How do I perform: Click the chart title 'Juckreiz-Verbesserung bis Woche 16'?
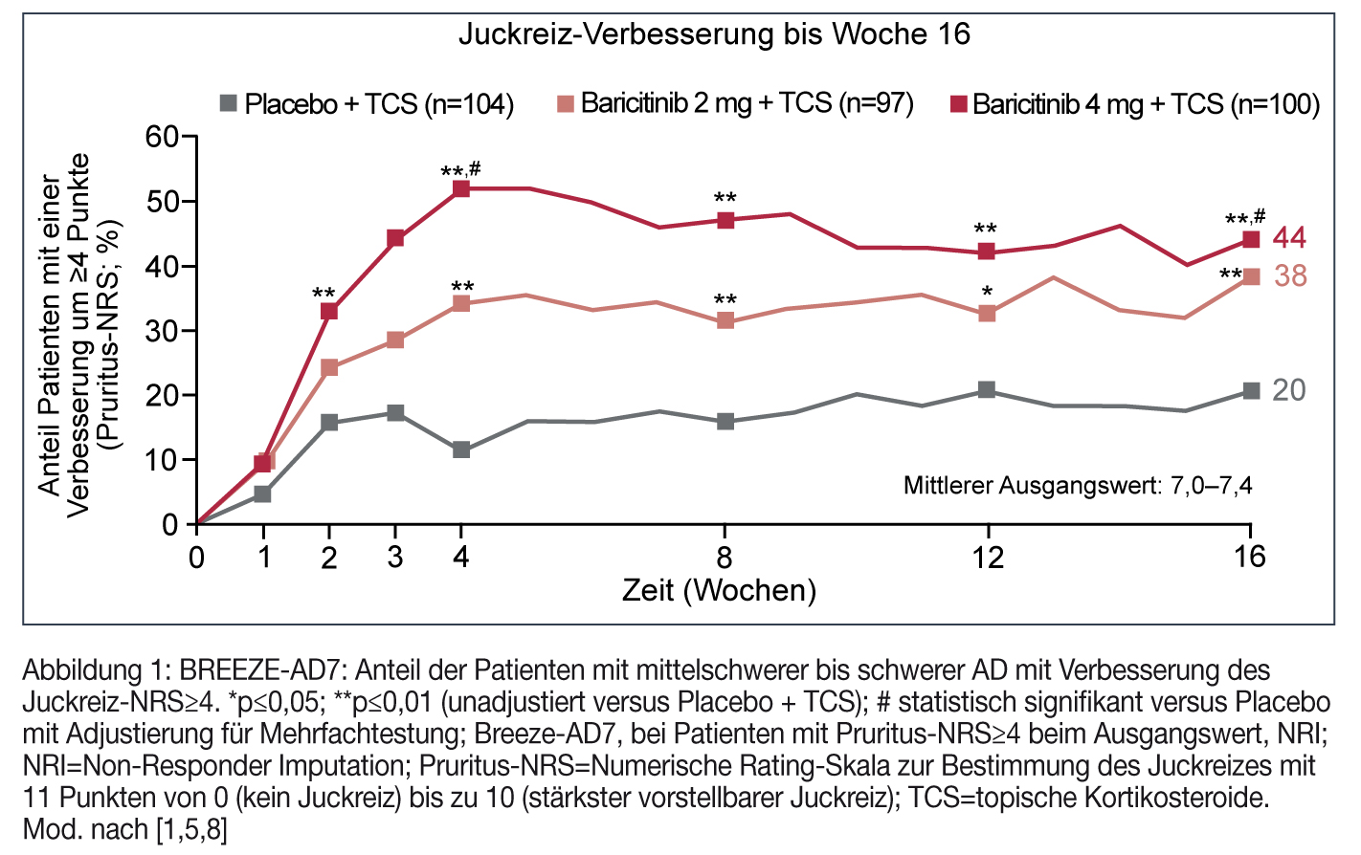[714, 34]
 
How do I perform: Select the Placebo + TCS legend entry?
[368, 103]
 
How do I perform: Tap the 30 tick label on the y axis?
[162, 331]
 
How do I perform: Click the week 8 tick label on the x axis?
[725, 557]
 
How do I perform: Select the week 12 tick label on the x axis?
[988, 557]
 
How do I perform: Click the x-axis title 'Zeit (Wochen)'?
[719, 590]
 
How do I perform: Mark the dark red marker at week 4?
[461, 188]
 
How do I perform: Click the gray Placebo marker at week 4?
[461, 449]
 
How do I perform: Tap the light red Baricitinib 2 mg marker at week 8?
[725, 320]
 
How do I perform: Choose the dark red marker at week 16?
[1250, 239]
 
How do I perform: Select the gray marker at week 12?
[987, 390]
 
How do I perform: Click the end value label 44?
[1289, 238]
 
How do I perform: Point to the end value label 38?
[1289, 276]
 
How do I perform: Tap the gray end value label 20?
[1288, 390]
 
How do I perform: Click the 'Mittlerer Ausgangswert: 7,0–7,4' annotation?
[1078, 486]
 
